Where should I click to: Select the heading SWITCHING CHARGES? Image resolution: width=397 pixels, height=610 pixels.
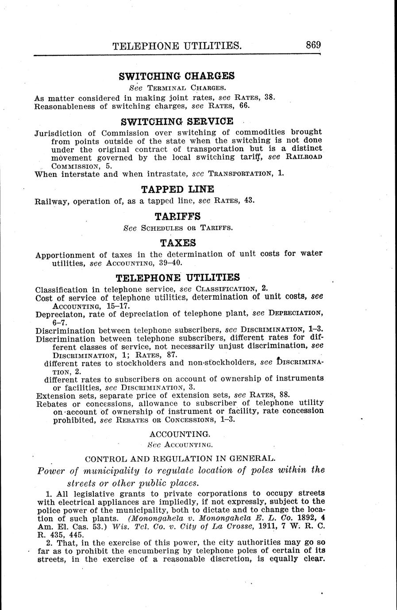click(x=177, y=76)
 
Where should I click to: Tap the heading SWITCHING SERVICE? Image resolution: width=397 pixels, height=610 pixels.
click(x=177, y=121)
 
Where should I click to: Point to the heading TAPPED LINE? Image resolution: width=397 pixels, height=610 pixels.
click(x=177, y=190)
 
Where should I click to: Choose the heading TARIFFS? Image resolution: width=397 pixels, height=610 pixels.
click(x=177, y=216)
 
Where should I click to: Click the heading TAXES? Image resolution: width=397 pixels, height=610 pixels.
click(x=177, y=243)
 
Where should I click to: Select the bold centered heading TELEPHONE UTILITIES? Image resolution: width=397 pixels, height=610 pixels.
click(x=177, y=278)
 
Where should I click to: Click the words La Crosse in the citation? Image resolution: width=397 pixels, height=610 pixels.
click(x=216, y=526)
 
